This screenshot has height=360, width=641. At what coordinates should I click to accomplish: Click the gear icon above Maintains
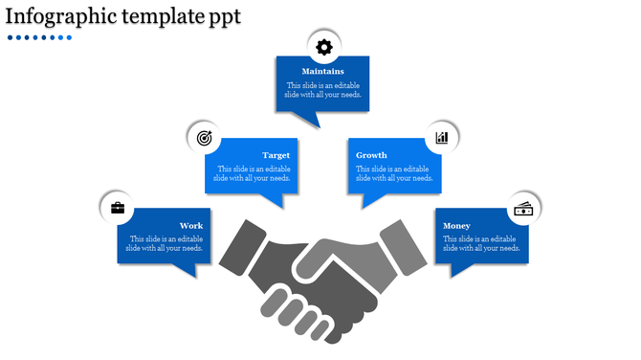[323, 46]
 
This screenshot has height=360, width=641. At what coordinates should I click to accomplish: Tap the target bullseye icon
[204, 138]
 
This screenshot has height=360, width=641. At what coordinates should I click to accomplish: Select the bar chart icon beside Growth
[442, 138]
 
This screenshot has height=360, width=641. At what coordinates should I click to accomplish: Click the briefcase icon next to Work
[118, 208]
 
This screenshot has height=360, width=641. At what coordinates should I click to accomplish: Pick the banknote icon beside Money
[523, 209]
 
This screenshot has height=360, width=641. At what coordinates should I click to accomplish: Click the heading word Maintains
[323, 72]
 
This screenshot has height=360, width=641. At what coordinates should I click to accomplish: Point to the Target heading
[276, 155]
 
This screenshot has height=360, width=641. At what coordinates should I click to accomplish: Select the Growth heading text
[371, 155]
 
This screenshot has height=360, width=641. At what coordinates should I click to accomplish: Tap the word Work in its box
[191, 226]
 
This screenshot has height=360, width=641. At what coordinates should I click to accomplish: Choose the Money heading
[456, 226]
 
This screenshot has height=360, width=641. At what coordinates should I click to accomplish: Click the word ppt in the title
[224, 17]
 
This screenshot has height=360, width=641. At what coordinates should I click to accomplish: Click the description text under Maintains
[323, 90]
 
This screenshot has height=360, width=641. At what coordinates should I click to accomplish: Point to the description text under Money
[479, 244]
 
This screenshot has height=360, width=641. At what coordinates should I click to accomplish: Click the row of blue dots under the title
[39, 38]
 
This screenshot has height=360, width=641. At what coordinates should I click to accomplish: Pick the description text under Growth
[394, 173]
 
